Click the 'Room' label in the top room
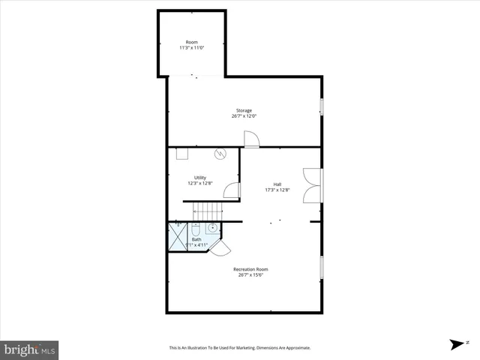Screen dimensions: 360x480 [x=191, y=41]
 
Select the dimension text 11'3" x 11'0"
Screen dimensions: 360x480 [x=191, y=47]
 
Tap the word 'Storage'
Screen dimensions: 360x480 [x=244, y=110]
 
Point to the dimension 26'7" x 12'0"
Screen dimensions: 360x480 [x=244, y=116]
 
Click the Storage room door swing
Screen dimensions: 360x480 [x=251, y=139]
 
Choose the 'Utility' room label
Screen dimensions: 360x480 [x=200, y=177]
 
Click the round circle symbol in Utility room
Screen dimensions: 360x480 [x=220, y=154]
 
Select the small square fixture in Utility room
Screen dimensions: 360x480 [x=182, y=154]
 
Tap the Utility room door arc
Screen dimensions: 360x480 [x=232, y=190]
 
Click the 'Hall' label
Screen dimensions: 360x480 [x=277, y=184]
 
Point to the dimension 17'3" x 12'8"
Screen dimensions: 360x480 [x=277, y=190]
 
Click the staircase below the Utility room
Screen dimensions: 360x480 [x=204, y=211]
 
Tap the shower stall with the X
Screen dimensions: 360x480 [x=177, y=238]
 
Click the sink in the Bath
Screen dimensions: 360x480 [x=212, y=228]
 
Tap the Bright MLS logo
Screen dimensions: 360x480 [x=30, y=349]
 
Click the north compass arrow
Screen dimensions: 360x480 [x=455, y=344]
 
